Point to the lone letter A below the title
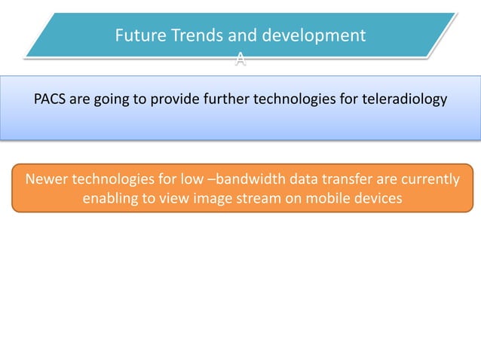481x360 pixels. coord(239,61)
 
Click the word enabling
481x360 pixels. coord(112,200)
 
